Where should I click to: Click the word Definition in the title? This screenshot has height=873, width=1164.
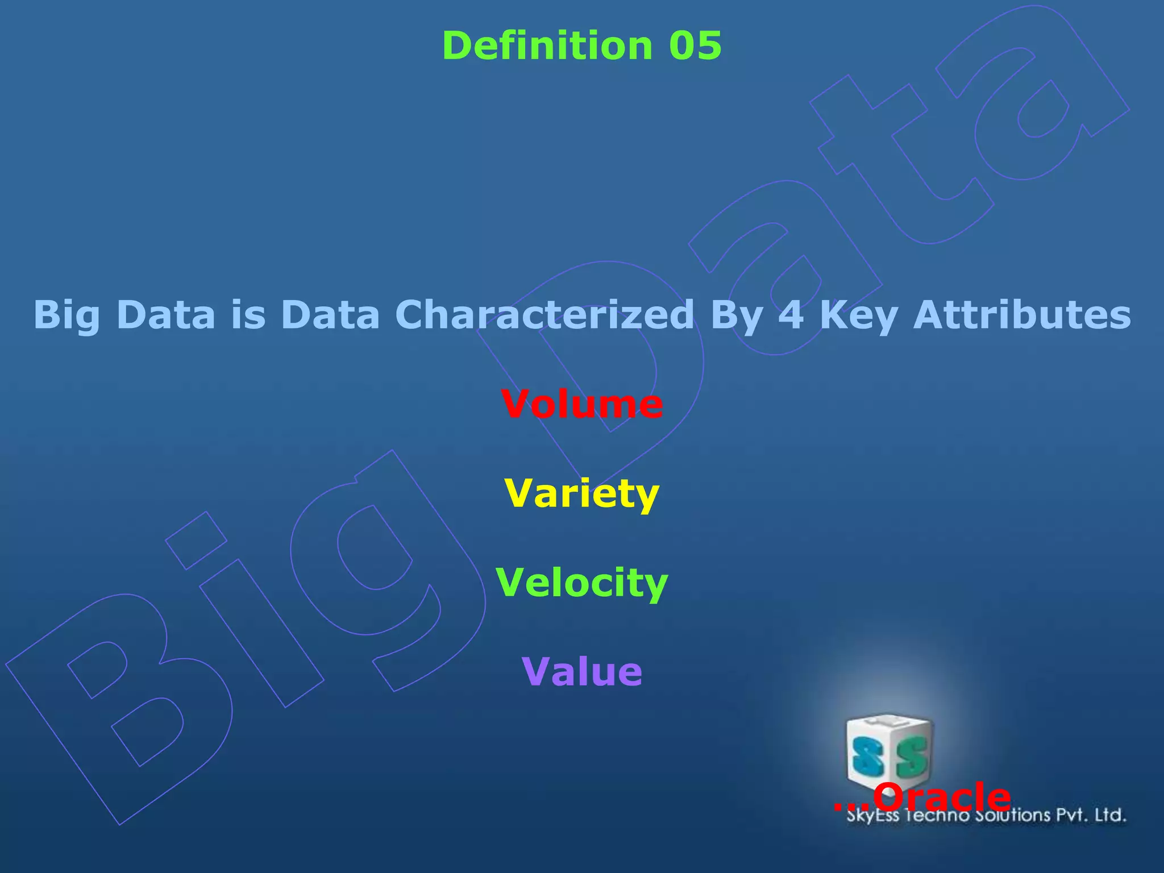pos(547,45)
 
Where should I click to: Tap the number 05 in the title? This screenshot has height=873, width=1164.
pos(695,45)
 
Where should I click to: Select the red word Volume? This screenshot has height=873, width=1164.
pos(582,404)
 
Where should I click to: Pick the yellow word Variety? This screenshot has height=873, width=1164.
pos(582,493)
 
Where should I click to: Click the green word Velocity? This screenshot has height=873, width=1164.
pos(582,583)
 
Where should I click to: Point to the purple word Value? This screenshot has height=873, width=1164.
pos(582,672)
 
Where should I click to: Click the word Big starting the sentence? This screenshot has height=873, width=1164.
pos(67,315)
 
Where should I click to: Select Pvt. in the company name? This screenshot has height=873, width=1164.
pos(1072,815)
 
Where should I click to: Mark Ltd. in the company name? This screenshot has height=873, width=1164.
pos(1110,815)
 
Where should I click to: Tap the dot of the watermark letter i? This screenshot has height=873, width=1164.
pos(196,541)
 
